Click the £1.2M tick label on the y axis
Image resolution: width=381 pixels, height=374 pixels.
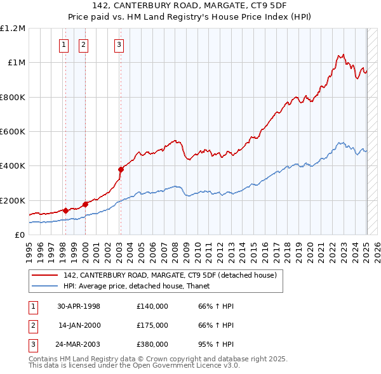[x=13, y=29]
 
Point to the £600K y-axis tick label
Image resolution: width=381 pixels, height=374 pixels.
[x=13, y=132]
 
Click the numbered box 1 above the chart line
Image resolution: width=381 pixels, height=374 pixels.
[x=65, y=44]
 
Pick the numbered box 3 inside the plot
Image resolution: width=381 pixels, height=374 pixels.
[x=119, y=44]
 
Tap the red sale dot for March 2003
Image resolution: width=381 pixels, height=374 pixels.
[x=121, y=169]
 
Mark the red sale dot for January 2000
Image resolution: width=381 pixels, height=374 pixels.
[x=85, y=205]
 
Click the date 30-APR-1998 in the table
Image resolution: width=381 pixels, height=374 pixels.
[x=78, y=306]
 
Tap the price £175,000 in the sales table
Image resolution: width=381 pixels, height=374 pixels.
[x=152, y=325]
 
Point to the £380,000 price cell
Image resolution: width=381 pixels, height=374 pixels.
[x=152, y=344]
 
